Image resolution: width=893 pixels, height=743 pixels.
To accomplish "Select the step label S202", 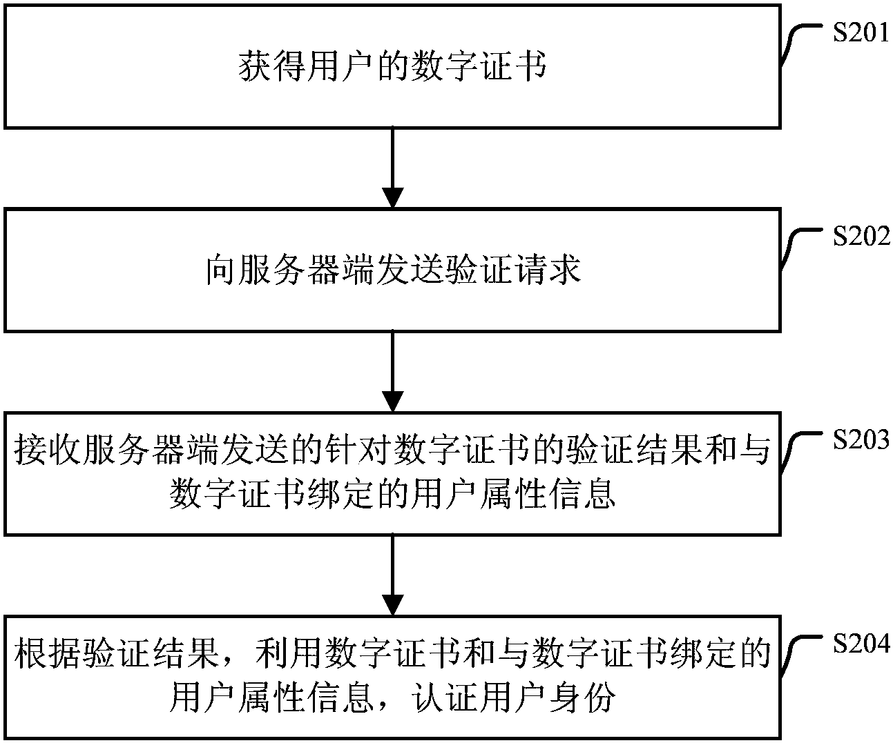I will click(860, 237).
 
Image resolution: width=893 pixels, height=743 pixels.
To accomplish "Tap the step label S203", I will click(860, 439).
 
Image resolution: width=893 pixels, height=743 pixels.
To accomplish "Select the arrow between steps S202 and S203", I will click(392, 371).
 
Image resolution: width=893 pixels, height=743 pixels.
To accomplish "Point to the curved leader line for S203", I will click(801, 448).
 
